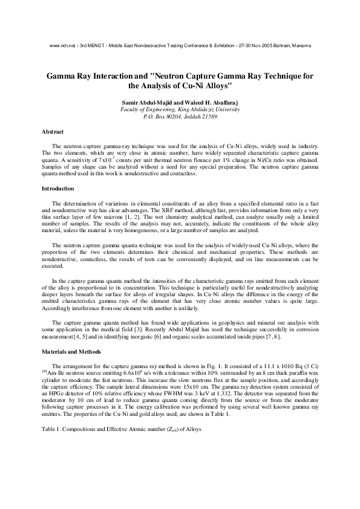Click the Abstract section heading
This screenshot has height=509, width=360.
coord(52,131)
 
